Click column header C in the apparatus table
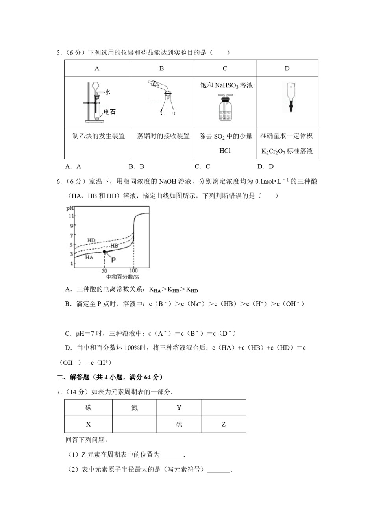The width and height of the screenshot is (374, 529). pos(225,68)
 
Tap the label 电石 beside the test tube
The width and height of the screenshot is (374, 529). pos(110,112)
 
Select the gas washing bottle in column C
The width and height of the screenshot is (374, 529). pos(225,108)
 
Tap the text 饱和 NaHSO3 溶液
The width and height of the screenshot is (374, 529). pos(226,85)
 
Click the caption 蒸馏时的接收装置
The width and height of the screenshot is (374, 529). pos(163,136)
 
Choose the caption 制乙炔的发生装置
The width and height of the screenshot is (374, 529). pos(98,136)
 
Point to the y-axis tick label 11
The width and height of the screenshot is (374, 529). pos(71,216)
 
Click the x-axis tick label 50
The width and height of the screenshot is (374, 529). pos(104,271)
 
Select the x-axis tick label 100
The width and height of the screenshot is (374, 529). pos(133,271)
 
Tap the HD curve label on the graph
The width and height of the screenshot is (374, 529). pos(91,240)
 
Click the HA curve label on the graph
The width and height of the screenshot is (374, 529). pos(89,257)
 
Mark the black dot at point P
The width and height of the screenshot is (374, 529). pos(104,252)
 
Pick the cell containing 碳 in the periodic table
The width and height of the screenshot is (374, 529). pos(88,408)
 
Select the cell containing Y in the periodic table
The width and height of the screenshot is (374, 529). pos(179,408)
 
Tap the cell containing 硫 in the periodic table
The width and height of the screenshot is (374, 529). pos(179,424)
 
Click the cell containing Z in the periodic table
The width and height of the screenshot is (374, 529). pos(224,424)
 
